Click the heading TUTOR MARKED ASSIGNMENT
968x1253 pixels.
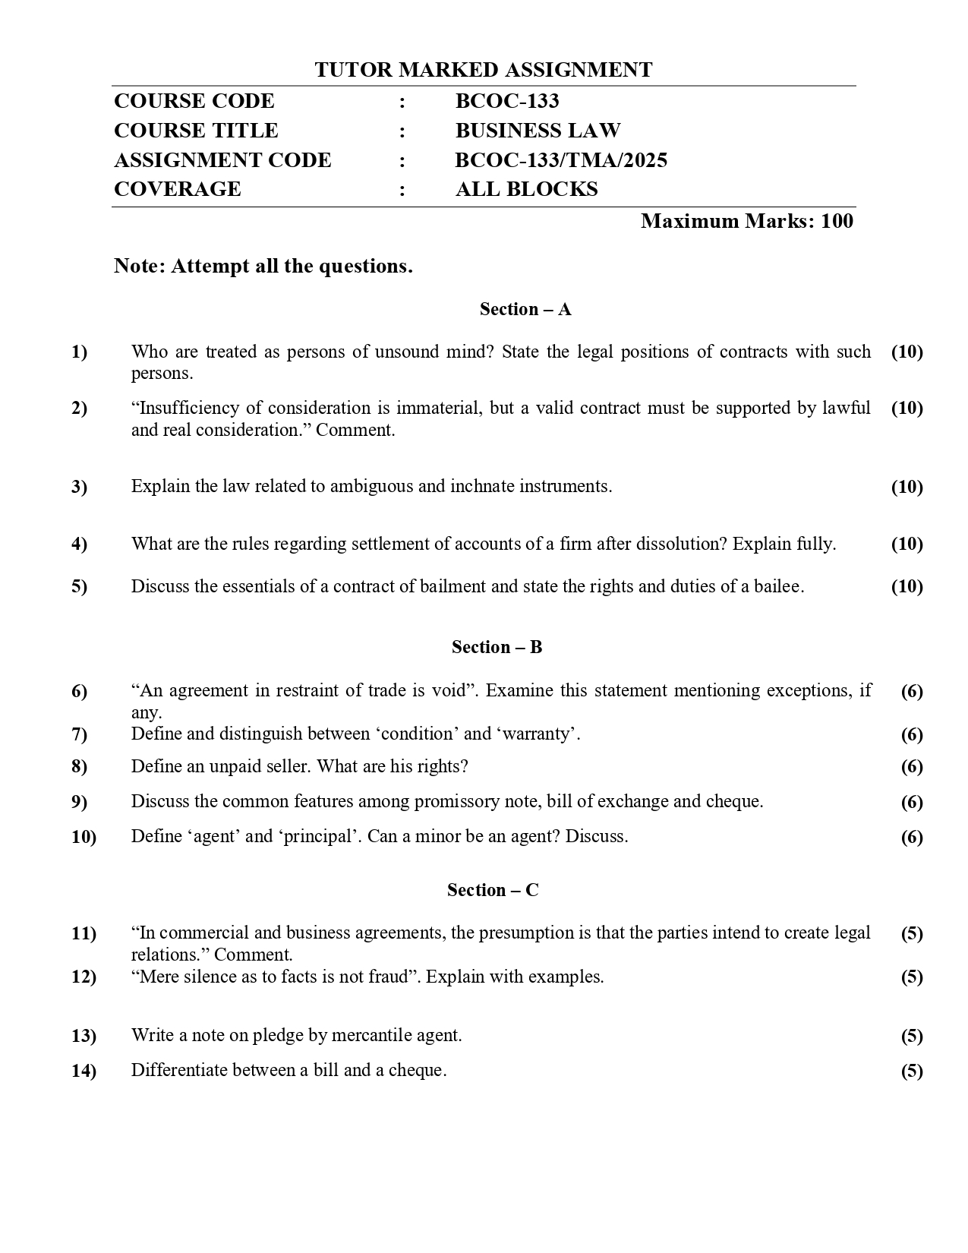pos(484,70)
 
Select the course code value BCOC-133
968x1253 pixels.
pos(507,101)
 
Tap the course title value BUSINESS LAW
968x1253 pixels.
pos(538,131)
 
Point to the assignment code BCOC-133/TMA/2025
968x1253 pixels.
pos(561,160)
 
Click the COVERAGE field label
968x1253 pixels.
pos(177,189)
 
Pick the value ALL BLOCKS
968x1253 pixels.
pos(526,189)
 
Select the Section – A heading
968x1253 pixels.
pos(525,309)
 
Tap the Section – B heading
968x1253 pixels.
pos(497,647)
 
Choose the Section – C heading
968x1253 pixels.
pos(493,890)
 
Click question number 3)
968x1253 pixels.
pos(79,487)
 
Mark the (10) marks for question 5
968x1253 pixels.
pos(907,586)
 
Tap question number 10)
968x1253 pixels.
pos(84,837)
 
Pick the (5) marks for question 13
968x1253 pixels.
pos(912,1036)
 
